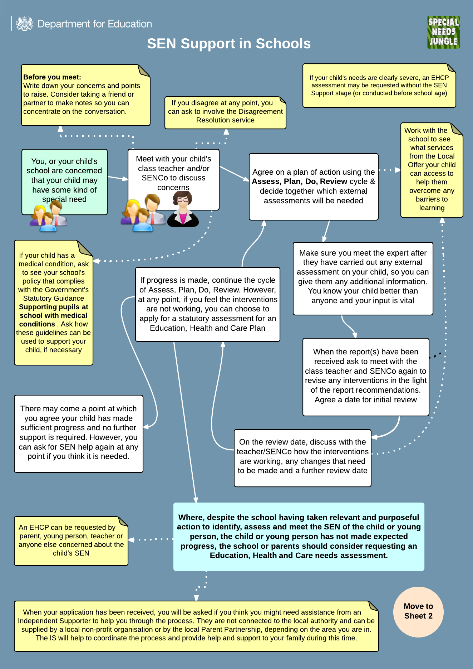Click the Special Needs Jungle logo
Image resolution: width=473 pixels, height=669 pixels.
pyautogui.click(x=443, y=32)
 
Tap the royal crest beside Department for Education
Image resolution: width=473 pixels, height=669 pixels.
pyautogui.click(x=24, y=24)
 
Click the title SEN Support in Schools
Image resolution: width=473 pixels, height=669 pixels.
pyautogui.click(x=229, y=44)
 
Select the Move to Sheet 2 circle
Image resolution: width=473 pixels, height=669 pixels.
pyautogui.click(x=418, y=611)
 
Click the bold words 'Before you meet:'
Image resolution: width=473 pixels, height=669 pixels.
pyautogui.click(x=52, y=77)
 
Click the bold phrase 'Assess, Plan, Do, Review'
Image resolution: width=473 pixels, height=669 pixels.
pyautogui.click(x=300, y=181)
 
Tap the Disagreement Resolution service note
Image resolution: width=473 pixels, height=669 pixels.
pyautogui.click(x=225, y=112)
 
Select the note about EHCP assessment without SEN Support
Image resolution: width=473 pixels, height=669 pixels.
pyautogui.click(x=379, y=86)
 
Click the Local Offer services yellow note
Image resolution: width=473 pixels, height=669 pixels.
pyautogui.click(x=432, y=170)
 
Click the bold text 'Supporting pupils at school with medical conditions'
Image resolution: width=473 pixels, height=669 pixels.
pyautogui.click(x=54, y=315)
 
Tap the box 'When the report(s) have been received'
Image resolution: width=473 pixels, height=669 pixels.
pyautogui.click(x=365, y=376)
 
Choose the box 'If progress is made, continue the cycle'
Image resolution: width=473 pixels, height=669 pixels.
pyautogui.click(x=207, y=304)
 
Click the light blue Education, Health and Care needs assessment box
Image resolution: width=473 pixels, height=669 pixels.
pyautogui.click(x=299, y=536)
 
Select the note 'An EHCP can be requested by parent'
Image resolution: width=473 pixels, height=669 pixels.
pyautogui.click(x=71, y=540)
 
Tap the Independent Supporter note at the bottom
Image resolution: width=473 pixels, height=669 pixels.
pyautogui.click(x=196, y=626)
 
